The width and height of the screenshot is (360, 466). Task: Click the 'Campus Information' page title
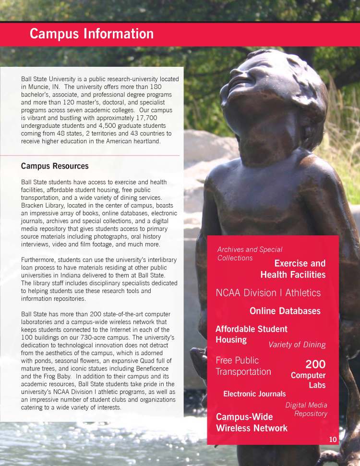click(x=92, y=34)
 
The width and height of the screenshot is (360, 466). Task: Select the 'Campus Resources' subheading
click(x=55, y=166)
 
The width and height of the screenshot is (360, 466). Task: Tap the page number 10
click(x=334, y=439)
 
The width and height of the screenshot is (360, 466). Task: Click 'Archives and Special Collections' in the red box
click(x=249, y=254)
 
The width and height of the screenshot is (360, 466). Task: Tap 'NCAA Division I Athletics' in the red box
click(x=268, y=293)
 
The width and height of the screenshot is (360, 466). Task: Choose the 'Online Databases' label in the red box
click(x=285, y=311)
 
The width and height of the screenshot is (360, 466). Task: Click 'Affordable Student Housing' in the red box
click(x=251, y=334)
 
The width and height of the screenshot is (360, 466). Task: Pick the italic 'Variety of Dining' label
click(x=297, y=344)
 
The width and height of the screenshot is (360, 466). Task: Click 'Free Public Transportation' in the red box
click(x=243, y=366)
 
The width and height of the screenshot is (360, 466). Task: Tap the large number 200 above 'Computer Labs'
click(x=315, y=364)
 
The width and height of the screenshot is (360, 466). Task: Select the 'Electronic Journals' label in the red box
click(x=254, y=394)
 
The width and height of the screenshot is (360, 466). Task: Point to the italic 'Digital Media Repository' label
click(x=306, y=409)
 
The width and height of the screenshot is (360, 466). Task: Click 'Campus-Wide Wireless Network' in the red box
click(x=252, y=422)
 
